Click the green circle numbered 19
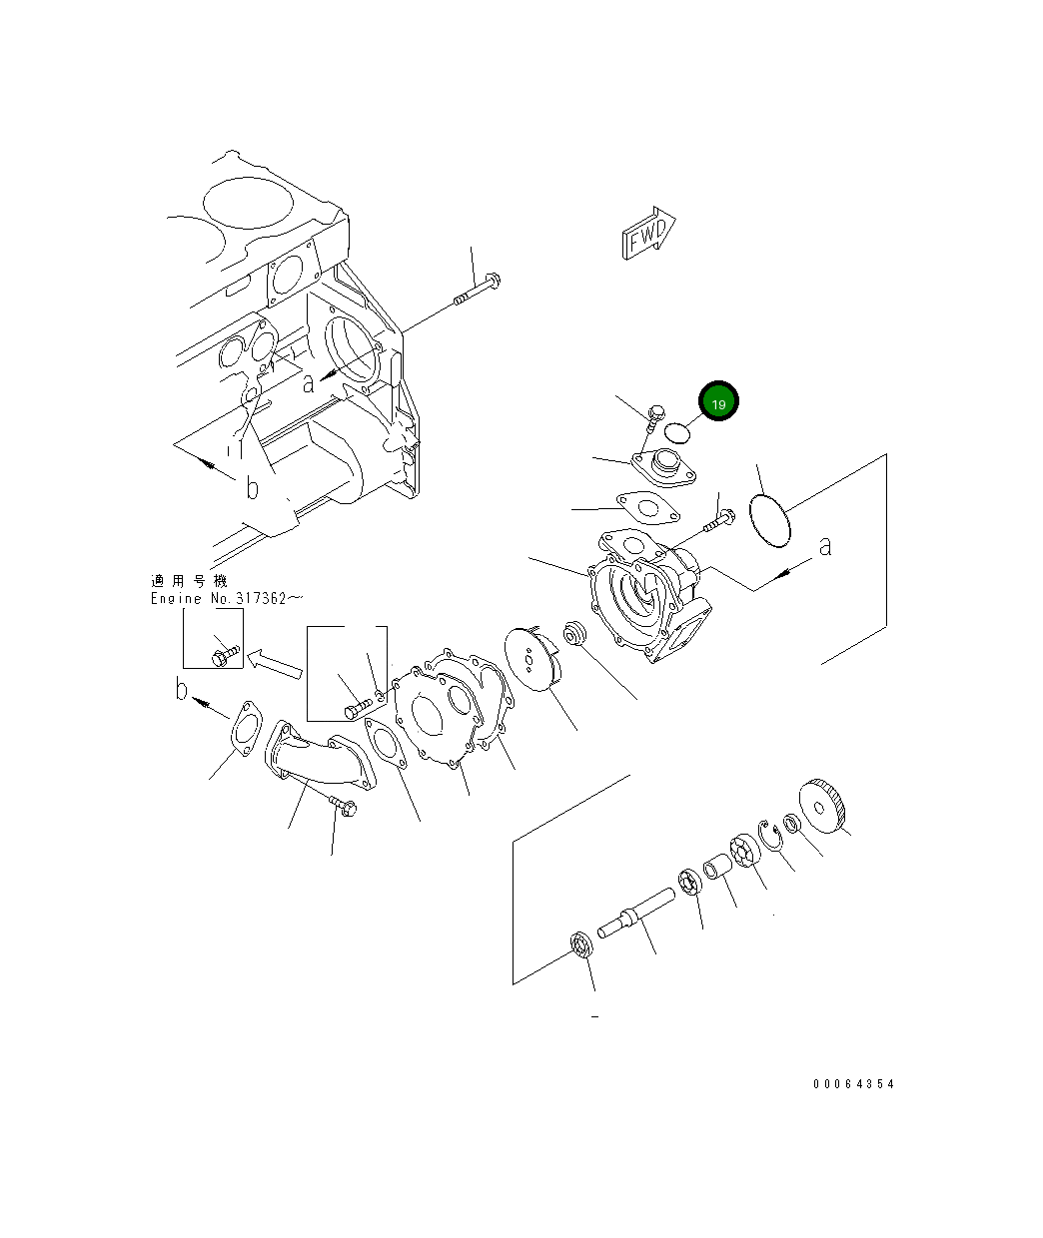pyautogui.click(x=718, y=402)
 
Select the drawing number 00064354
pyautogui.click(x=853, y=1084)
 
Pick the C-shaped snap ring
pyautogui.click(x=768, y=836)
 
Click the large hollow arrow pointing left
pyautogui.click(x=274, y=662)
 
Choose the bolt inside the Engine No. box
pyautogui.click(x=225, y=654)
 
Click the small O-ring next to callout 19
pyautogui.click(x=678, y=430)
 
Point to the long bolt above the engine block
pyautogui.click(x=478, y=290)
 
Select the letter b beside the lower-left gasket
pyautogui.click(x=181, y=689)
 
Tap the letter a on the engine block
pyautogui.click(x=309, y=381)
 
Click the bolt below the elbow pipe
pyautogui.click(x=342, y=807)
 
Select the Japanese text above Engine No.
pyautogui.click(x=189, y=581)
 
